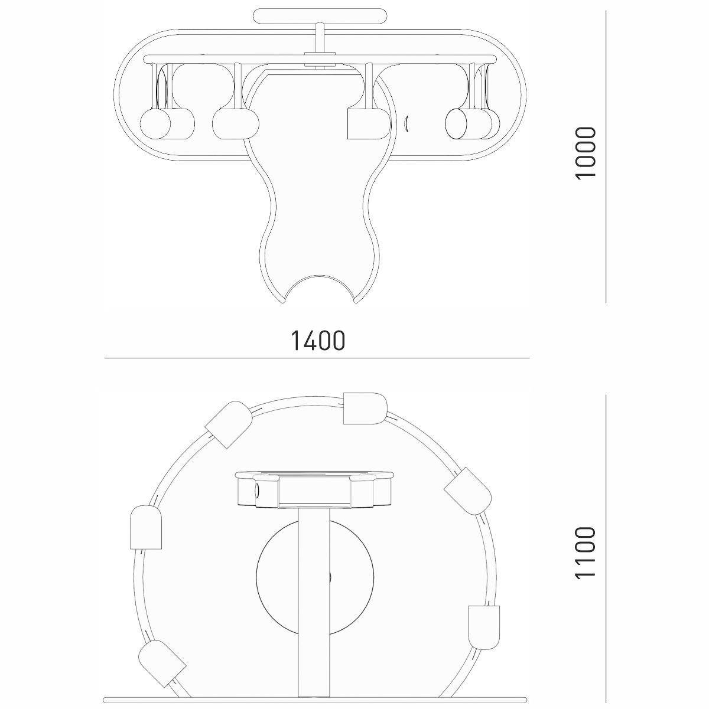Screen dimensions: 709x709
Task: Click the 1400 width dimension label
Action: (x=318, y=341)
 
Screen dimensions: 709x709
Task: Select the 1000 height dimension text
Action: (x=586, y=153)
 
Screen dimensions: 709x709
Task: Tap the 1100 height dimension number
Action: (x=586, y=558)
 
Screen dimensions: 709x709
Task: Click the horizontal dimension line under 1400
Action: (x=317, y=358)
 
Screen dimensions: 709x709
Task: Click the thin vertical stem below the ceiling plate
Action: (x=320, y=38)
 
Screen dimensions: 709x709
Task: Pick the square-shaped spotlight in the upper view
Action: (x=369, y=124)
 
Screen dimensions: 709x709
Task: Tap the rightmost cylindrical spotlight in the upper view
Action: (x=472, y=124)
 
